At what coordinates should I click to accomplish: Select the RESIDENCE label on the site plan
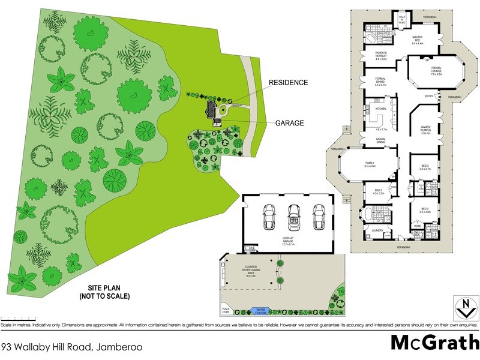tap(288, 82)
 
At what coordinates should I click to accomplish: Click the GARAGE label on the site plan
tap(290, 123)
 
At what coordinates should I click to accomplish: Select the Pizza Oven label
tap(226, 311)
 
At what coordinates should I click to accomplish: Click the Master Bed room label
tap(418, 38)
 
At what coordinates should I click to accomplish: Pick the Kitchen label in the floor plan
tap(380, 109)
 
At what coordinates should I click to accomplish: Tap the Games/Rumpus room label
tap(426, 129)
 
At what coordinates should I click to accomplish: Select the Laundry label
tap(377, 230)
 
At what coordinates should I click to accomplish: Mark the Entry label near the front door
tap(430, 96)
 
